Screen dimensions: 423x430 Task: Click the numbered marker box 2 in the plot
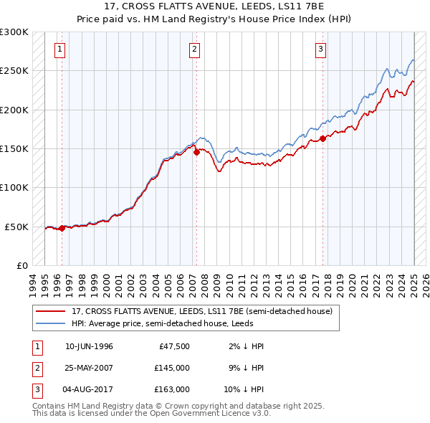tap(194, 49)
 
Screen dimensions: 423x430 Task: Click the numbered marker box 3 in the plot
tap(320, 49)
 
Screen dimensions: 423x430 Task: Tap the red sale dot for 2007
tap(196, 152)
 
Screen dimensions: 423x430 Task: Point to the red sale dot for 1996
tap(62, 228)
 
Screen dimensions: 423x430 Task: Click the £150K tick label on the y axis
tap(15, 148)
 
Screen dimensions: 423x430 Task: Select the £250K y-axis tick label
tap(15, 71)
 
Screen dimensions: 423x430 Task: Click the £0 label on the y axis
tap(21, 265)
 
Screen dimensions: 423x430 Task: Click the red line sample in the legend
tap(50, 312)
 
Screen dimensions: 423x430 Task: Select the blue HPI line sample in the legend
tap(50, 323)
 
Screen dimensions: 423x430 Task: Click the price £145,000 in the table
tap(172, 368)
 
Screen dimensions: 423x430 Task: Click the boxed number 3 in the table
tap(37, 389)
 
